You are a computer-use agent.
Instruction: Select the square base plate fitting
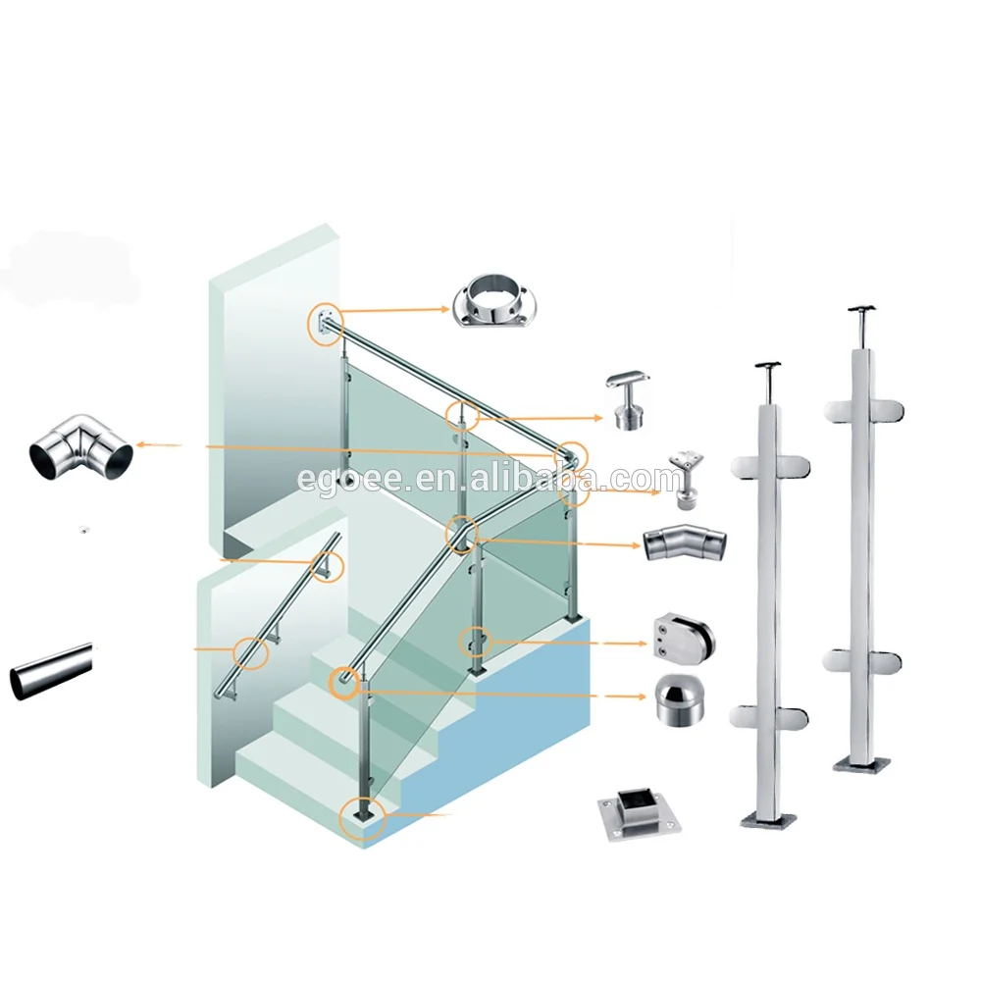tap(638, 815)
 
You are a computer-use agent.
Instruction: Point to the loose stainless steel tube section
tap(51, 671)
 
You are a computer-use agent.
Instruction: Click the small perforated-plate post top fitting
tap(688, 480)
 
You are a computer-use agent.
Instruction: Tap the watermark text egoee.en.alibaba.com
tap(490, 480)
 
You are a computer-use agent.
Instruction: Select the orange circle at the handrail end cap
tap(344, 682)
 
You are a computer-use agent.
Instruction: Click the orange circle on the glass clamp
tap(476, 642)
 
